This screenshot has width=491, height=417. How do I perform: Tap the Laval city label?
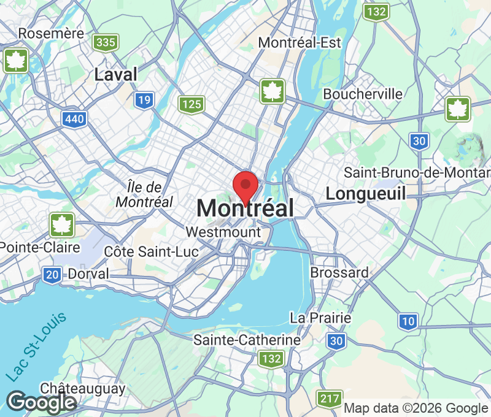coord(116,75)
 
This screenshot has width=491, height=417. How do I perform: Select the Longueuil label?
coord(366,194)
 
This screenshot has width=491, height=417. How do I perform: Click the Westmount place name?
coord(223,232)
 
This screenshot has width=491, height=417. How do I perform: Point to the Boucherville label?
coord(363,94)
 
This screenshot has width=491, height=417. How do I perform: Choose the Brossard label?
coord(339,272)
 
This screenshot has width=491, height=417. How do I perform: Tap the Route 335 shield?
coord(106,42)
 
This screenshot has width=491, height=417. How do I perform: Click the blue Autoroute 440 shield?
coord(74,119)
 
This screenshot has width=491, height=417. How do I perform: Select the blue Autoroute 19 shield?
coord(145,100)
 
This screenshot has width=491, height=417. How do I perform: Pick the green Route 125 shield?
coord(191,104)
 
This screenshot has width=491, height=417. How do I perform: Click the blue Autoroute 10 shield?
coord(408,320)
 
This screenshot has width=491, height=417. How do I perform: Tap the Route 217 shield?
coord(330,399)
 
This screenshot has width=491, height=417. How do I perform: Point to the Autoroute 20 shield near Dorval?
coord(52,275)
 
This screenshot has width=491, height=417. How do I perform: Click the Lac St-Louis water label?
coord(37,347)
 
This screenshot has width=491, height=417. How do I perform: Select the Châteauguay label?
coord(83,388)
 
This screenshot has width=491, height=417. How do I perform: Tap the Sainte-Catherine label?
coord(247,340)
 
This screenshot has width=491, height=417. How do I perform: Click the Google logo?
coord(42,402)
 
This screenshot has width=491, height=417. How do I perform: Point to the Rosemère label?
coord(51,33)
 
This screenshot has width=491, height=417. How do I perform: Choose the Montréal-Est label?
coord(300,42)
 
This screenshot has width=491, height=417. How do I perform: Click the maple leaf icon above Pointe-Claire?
coord(62,224)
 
